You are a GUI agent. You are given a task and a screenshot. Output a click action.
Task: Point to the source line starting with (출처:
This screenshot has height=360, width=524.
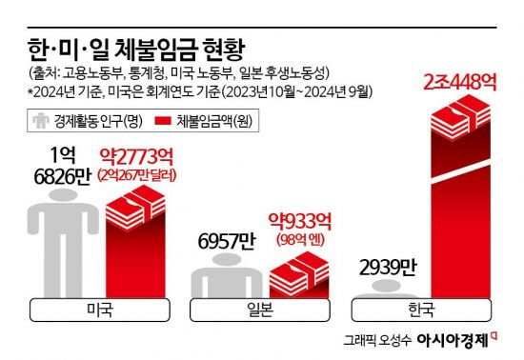(x=177, y=73)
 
